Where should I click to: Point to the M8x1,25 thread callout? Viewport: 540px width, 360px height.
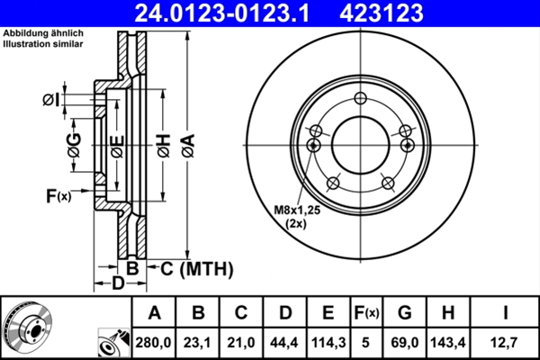296,210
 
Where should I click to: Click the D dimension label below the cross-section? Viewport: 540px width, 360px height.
117,284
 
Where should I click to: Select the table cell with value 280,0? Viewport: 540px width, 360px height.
154,341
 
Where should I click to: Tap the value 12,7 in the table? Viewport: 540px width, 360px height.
508,341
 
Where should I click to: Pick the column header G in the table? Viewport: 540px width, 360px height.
404,313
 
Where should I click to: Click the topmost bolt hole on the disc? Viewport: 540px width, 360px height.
360,98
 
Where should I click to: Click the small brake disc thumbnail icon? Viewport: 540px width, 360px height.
28,327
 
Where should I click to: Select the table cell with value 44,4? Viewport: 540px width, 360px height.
284,341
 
